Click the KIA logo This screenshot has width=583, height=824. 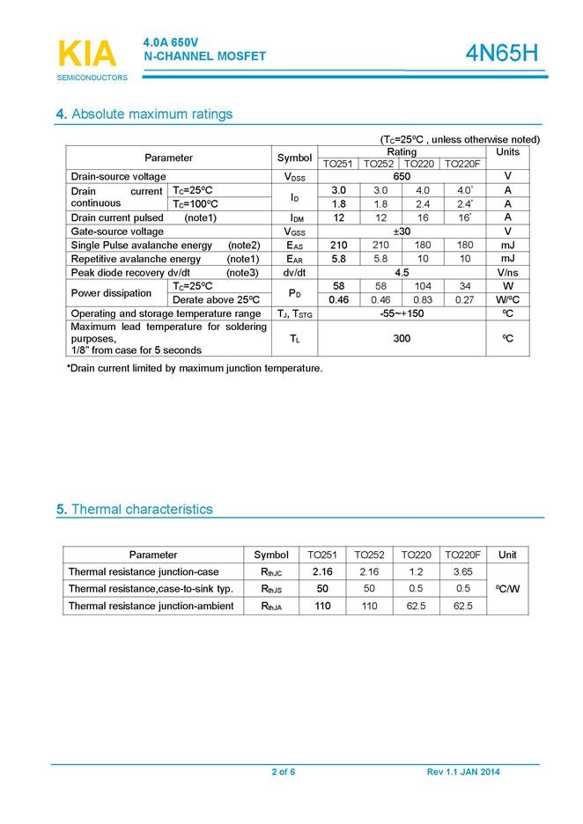(86, 55)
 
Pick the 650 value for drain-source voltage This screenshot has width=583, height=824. (402, 177)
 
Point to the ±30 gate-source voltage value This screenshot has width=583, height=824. (402, 232)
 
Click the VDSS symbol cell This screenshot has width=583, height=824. (295, 177)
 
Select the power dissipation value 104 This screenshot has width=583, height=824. (423, 286)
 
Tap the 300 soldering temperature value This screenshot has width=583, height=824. (402, 338)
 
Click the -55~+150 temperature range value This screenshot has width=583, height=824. (402, 313)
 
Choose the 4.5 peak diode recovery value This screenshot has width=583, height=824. (402, 273)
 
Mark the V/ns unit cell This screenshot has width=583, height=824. (507, 273)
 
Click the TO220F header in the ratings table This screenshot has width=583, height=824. (463, 164)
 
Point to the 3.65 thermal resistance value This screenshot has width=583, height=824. (462, 572)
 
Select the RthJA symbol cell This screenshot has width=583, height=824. (271, 606)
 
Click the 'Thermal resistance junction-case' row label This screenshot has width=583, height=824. (144, 572)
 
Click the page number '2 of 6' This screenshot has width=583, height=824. (283, 772)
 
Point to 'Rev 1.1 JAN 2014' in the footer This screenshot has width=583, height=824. (463, 772)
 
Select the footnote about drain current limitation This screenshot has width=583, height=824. (195, 368)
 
